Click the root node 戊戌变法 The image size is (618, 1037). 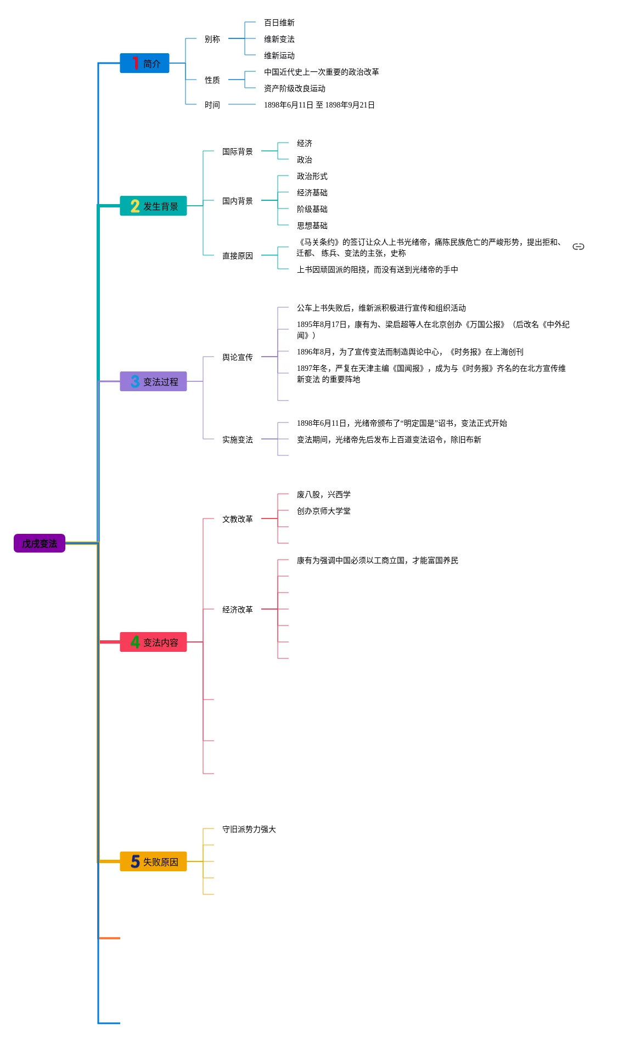(40, 543)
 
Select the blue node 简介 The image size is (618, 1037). (145, 63)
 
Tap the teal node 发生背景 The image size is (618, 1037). (154, 206)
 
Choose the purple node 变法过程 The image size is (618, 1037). (154, 381)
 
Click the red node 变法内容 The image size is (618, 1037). (154, 642)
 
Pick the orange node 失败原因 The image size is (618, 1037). (154, 861)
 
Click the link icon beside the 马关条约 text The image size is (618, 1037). (578, 247)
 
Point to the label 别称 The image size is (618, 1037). (212, 39)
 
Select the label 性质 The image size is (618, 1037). (212, 80)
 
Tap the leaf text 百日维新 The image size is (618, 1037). (279, 22)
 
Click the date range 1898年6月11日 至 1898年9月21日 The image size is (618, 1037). (319, 105)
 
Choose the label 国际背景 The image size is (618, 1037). (238, 151)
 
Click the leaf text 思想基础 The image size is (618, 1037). (312, 226)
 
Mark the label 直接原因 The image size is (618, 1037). (238, 256)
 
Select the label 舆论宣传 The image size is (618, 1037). (238, 357)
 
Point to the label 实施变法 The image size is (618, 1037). (238, 439)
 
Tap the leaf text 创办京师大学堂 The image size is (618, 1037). (324, 511)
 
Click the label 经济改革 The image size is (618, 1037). (238, 610)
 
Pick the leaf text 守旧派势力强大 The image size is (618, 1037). (249, 829)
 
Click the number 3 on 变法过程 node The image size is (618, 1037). (135, 381)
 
